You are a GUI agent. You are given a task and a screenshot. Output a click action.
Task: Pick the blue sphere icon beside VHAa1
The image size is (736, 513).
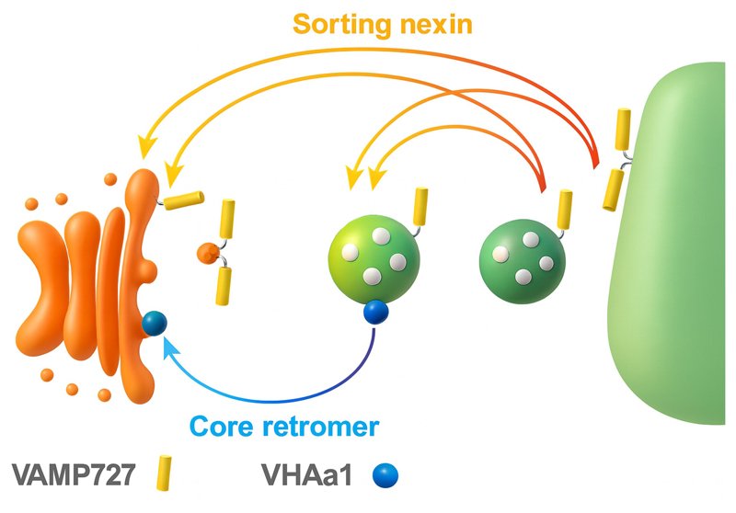pyautogui.click(x=384, y=475)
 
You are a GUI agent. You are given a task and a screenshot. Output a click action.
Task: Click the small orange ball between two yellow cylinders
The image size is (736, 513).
pyautogui.click(x=208, y=251)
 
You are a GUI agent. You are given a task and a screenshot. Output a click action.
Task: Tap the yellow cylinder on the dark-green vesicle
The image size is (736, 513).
pyautogui.click(x=564, y=204)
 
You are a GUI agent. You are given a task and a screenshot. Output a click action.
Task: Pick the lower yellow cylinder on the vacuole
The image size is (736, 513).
pyautogui.click(x=610, y=188)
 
